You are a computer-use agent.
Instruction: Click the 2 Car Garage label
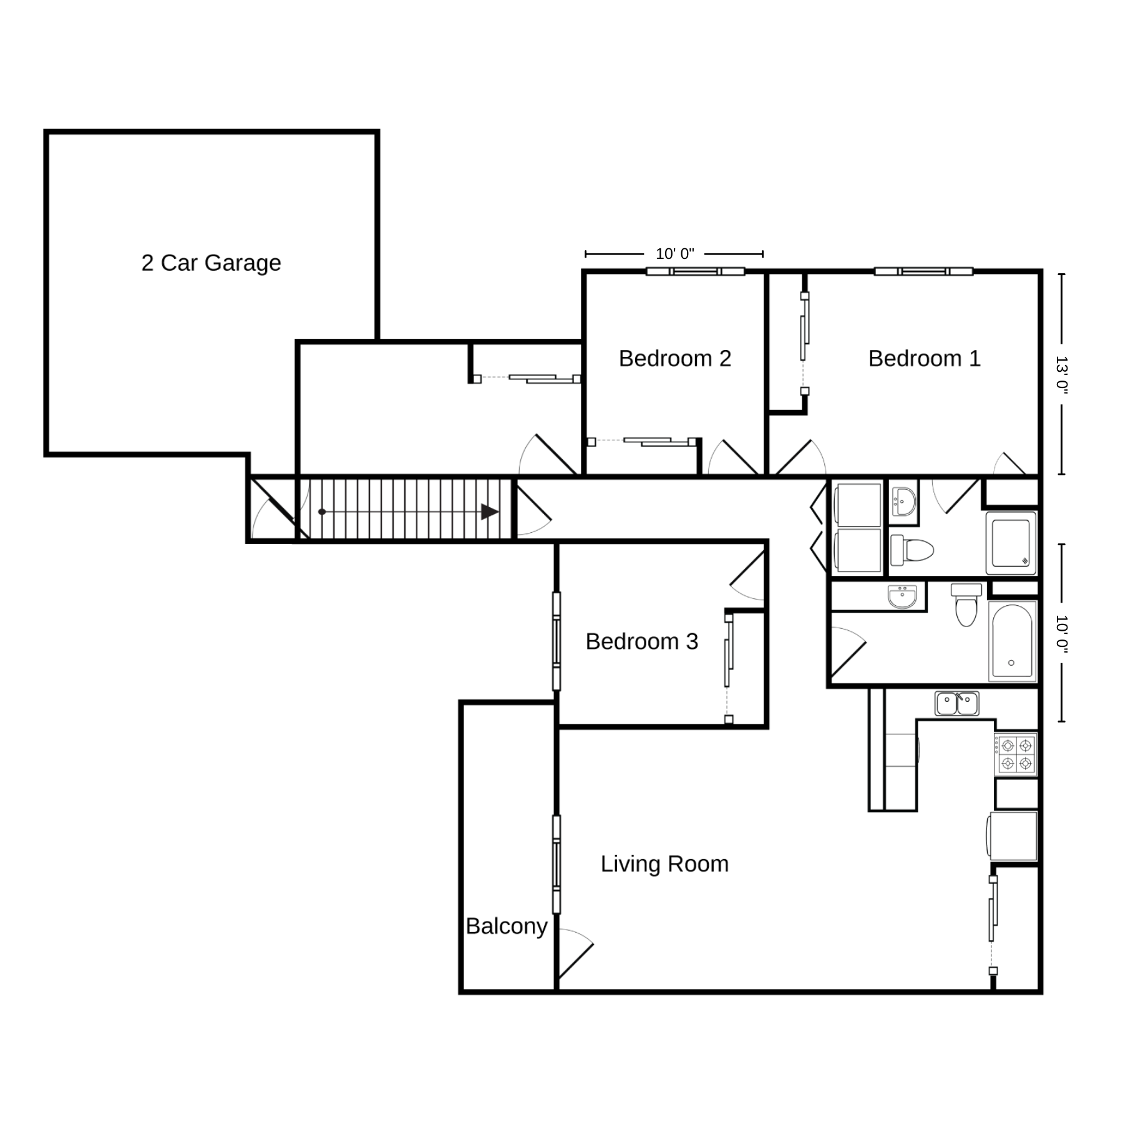click(211, 263)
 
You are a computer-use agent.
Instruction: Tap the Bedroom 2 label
click(674, 359)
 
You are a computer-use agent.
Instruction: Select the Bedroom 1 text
click(924, 359)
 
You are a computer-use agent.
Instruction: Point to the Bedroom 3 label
click(641, 641)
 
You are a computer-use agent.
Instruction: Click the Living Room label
click(664, 864)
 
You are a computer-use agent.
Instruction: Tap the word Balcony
click(507, 926)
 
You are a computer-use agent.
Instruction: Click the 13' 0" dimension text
click(1062, 374)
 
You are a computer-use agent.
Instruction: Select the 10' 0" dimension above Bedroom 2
click(674, 254)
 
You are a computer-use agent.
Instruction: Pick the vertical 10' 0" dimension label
click(1062, 633)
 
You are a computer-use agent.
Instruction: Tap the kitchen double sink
click(956, 703)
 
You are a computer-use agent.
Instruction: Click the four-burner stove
click(1016, 754)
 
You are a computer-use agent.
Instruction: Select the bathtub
click(1012, 641)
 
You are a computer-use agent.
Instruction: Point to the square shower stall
click(1011, 543)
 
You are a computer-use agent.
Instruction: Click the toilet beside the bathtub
click(966, 604)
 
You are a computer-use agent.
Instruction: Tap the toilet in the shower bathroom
click(912, 550)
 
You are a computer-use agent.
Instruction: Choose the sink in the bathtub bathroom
click(902, 596)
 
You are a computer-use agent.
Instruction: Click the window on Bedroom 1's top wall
click(923, 271)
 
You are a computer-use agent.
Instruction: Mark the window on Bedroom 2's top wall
click(695, 271)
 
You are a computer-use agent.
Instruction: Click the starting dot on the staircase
click(322, 512)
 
